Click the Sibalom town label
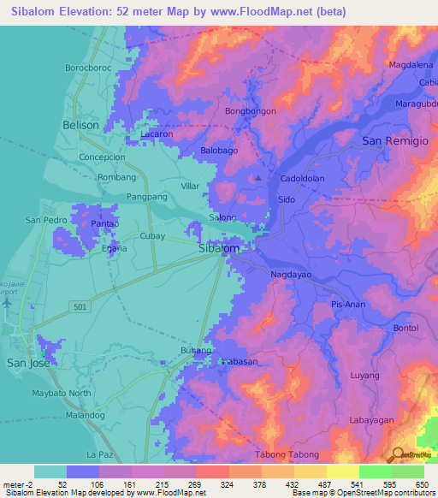(218, 248)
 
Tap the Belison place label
(81, 124)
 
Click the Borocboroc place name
(88, 67)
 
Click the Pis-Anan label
(350, 305)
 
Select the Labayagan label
(377, 420)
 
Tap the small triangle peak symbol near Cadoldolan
(258, 178)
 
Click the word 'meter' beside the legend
(15, 485)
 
